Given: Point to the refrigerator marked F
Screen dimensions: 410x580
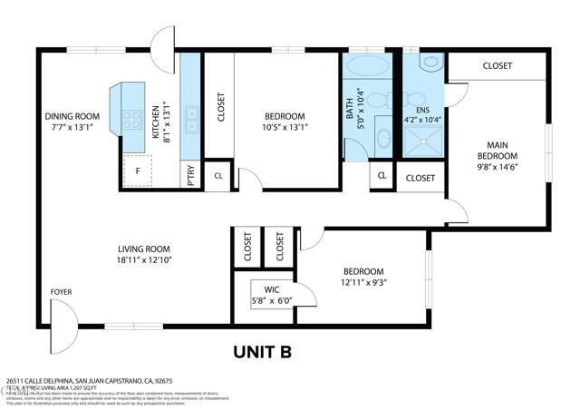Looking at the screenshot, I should pos(137,170).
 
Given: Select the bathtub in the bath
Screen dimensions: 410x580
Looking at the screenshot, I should pos(367,67).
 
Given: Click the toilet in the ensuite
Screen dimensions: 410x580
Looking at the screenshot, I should pos(429,63).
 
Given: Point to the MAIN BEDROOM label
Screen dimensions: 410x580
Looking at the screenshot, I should pos(498,155).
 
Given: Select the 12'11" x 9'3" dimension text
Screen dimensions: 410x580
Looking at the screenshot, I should pos(362,283).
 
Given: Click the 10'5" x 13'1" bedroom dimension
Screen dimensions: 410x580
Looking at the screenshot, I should pos(285,128).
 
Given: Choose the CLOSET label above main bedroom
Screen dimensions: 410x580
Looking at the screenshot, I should pos(497,66).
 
